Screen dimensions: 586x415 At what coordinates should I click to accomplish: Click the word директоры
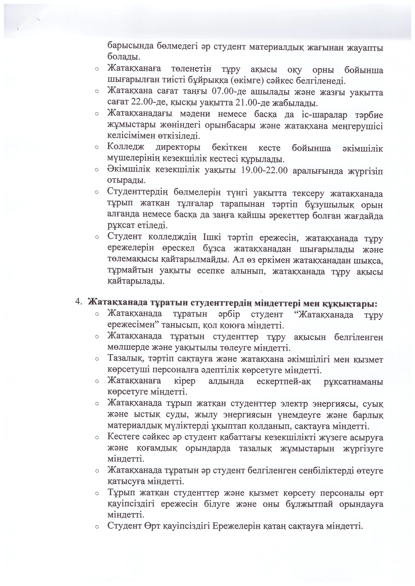[178, 148]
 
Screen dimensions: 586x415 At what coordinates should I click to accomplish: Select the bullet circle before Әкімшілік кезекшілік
[97, 170]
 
